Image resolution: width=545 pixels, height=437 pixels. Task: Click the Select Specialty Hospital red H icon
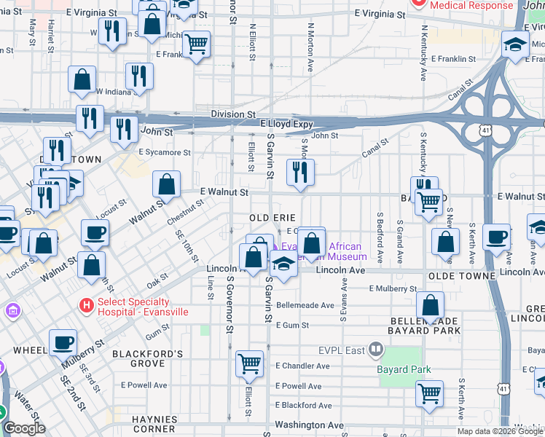(86, 307)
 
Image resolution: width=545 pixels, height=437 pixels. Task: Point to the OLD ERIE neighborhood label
(271, 218)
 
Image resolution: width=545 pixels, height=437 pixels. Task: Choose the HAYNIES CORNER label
(154, 425)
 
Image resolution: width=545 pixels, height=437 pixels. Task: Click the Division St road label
(233, 114)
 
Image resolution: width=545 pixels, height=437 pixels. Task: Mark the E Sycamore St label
(165, 153)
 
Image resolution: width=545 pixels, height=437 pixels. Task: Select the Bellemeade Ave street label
(305, 305)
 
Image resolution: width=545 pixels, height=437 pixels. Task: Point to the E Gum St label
(293, 325)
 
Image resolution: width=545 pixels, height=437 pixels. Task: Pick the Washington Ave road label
(309, 425)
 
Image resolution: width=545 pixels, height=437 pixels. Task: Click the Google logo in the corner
(25, 428)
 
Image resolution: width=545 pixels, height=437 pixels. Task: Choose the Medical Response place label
(471, 5)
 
